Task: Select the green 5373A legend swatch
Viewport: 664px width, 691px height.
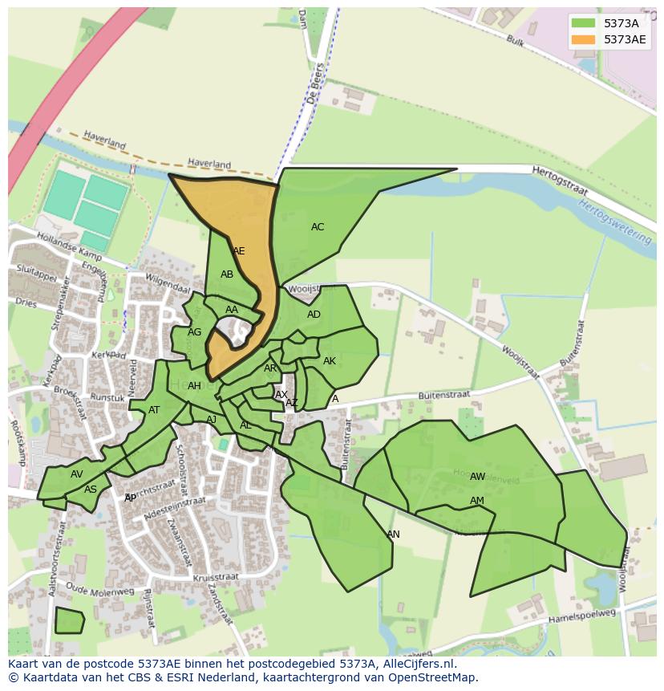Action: click(584, 23)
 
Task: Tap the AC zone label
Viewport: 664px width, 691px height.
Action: click(318, 227)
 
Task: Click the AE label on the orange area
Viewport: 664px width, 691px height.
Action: click(238, 251)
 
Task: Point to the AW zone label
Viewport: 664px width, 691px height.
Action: click(477, 477)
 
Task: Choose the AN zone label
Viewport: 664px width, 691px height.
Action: click(393, 535)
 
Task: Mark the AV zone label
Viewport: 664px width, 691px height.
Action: click(76, 474)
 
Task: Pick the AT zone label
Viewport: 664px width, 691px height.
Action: click(154, 410)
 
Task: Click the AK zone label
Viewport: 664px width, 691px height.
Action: click(330, 361)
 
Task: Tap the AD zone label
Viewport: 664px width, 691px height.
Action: click(314, 315)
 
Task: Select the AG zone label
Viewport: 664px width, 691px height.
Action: click(194, 332)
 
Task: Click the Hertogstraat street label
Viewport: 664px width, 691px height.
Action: click(560, 181)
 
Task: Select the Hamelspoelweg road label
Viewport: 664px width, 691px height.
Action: click(581, 617)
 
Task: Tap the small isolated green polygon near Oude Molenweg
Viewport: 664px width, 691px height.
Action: click(69, 620)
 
